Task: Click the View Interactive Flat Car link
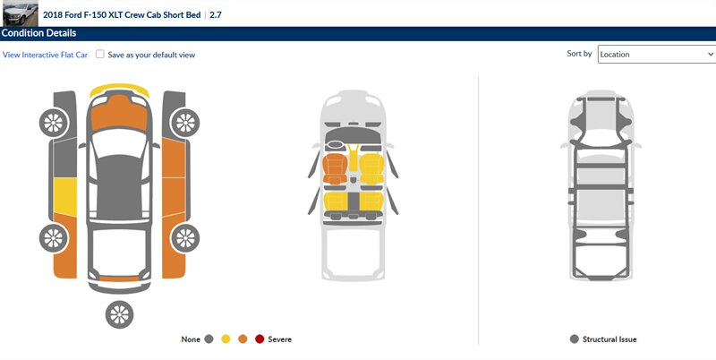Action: [x=45, y=55]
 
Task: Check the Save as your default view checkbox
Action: [x=100, y=54]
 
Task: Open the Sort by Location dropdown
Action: [x=657, y=55]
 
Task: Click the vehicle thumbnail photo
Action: [x=21, y=13]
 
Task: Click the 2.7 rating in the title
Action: [x=216, y=14]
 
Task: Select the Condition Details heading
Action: [x=38, y=33]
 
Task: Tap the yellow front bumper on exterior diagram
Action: [x=119, y=89]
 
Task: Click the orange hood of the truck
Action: [x=119, y=114]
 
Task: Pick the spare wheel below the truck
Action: [x=119, y=314]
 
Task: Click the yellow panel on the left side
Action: [x=65, y=196]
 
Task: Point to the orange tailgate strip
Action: [x=119, y=279]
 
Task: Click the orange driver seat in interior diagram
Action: [x=335, y=169]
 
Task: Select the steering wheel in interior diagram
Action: [x=335, y=145]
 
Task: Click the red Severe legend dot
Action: [x=260, y=339]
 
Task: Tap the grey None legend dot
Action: [x=209, y=339]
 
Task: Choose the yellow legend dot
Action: [x=226, y=339]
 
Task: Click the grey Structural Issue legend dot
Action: [x=575, y=339]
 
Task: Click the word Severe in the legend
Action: [x=279, y=339]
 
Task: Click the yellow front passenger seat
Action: [x=371, y=169]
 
